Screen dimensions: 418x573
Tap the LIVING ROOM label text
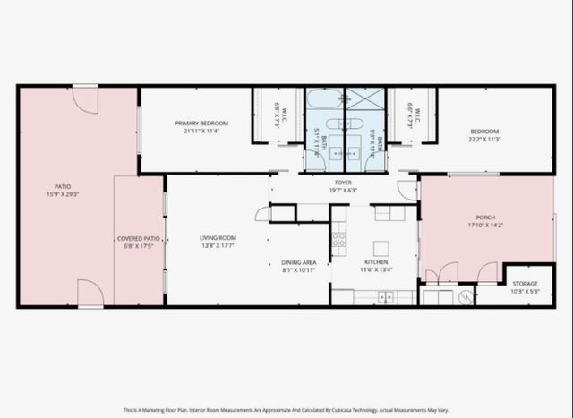pyautogui.click(x=218, y=238)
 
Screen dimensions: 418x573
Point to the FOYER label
pyautogui.click(x=343, y=182)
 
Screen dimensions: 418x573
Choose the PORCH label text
pyautogui.click(x=484, y=218)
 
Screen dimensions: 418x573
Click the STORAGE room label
pyautogui.click(x=525, y=284)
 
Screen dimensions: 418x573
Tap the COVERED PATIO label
pyautogui.click(x=139, y=239)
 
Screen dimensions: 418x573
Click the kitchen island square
pyautogui.click(x=381, y=248)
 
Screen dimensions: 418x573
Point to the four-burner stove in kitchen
pyautogui.click(x=339, y=239)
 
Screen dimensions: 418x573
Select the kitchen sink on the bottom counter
pyautogui.click(x=386, y=297)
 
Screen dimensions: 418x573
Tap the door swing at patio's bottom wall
pyautogui.click(x=90, y=294)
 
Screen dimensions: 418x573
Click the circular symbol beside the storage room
pyautogui.click(x=465, y=296)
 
